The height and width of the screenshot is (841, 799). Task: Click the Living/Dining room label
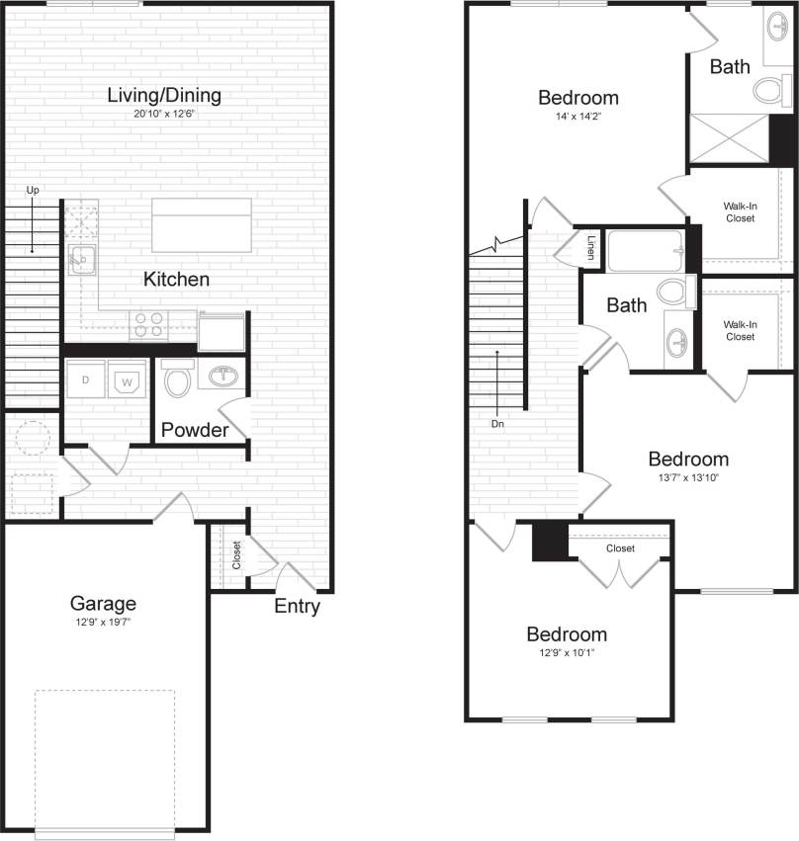click(164, 96)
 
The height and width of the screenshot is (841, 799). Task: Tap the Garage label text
click(103, 603)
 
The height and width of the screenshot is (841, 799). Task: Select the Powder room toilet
click(177, 380)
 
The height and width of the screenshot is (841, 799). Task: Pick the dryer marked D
click(87, 379)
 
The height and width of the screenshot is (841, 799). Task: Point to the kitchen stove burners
click(149, 324)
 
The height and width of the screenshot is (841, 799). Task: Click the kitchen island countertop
click(202, 225)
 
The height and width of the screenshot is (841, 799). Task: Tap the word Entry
click(297, 607)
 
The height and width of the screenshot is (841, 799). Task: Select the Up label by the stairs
click(33, 190)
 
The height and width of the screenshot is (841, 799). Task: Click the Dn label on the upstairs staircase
click(497, 423)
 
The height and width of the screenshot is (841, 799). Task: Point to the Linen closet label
click(590, 246)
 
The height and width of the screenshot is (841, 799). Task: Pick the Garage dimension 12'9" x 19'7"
click(103, 622)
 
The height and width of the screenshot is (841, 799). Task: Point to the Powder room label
click(195, 430)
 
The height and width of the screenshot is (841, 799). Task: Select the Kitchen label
click(176, 280)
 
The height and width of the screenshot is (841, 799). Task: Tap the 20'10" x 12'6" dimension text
click(164, 114)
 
